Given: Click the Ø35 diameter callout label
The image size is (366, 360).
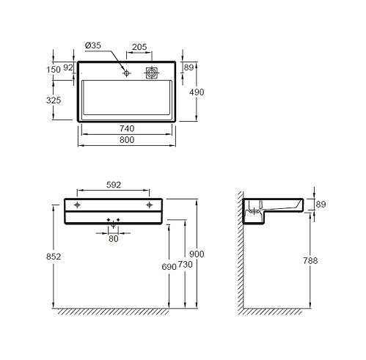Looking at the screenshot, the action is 93,45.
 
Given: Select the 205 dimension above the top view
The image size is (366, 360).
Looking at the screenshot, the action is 139,47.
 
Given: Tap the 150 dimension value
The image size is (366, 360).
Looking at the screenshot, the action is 54,70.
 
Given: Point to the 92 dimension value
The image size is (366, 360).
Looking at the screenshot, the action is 68,67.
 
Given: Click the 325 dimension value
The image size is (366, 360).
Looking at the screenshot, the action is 54,100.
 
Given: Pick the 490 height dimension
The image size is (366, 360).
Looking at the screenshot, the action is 197,92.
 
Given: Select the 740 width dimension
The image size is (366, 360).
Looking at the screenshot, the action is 127,128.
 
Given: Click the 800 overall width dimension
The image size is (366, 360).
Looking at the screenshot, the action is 127,140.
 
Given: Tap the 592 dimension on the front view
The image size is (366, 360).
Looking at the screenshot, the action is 114,185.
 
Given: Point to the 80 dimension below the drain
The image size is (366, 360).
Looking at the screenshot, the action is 114,239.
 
